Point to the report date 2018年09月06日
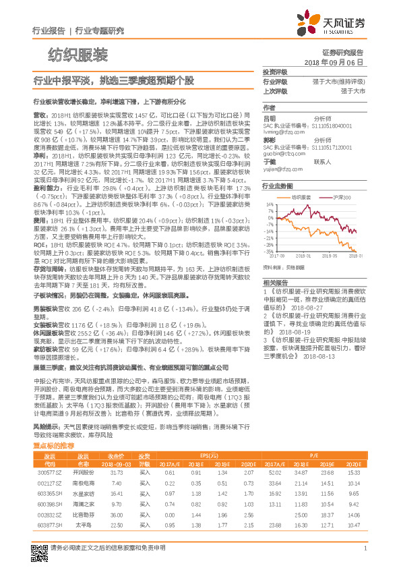pos(334,61)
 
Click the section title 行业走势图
pos(278,185)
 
